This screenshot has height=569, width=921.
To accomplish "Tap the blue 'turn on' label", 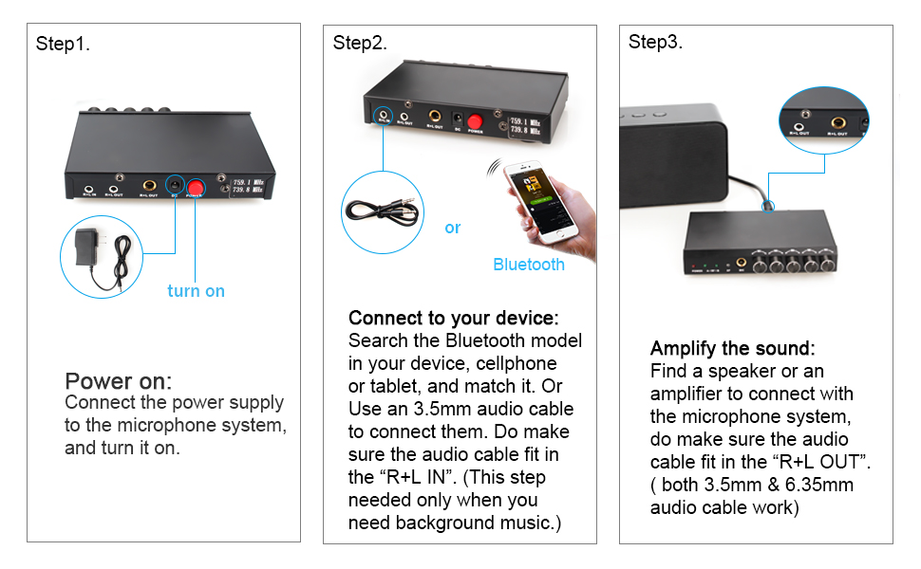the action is pyautogui.click(x=196, y=291).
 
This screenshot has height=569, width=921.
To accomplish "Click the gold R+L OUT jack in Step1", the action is pyautogui.click(x=149, y=186).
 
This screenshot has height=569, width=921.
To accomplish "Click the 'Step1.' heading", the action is pyautogui.click(x=63, y=44).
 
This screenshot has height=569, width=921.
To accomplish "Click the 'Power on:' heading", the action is pyautogui.click(x=118, y=381).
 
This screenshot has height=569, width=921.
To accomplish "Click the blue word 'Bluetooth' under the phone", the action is pyautogui.click(x=529, y=265).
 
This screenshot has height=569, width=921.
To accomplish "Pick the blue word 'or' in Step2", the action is pyautogui.click(x=453, y=228).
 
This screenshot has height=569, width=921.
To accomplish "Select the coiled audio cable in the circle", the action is pyautogui.click(x=380, y=211).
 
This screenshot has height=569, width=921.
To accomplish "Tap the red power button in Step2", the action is pyautogui.click(x=475, y=122).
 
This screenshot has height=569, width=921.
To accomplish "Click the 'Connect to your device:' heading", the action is pyautogui.click(x=454, y=317).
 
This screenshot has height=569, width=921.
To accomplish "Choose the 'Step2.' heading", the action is pyautogui.click(x=360, y=44).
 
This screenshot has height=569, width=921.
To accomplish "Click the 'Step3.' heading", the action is pyautogui.click(x=655, y=43).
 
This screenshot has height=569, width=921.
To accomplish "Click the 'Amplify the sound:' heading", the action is pyautogui.click(x=732, y=348).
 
